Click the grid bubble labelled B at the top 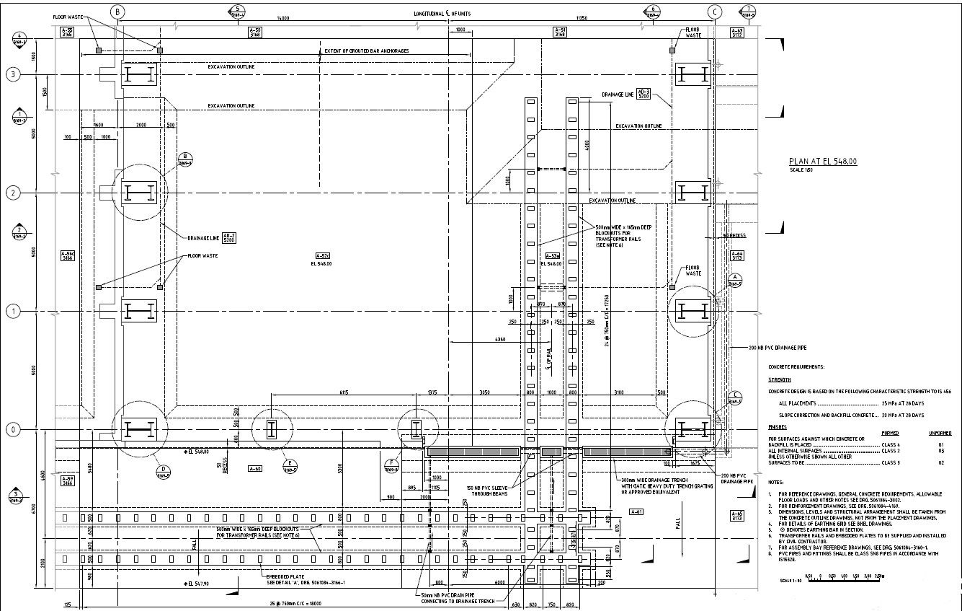pyautogui.click(x=118, y=12)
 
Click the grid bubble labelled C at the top pyautogui.click(x=714, y=12)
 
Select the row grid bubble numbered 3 pyautogui.click(x=12, y=74)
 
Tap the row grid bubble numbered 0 pyautogui.click(x=12, y=430)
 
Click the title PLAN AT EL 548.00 pyautogui.click(x=823, y=162)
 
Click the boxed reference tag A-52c pyautogui.click(x=322, y=255)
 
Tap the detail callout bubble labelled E pyautogui.click(x=290, y=465)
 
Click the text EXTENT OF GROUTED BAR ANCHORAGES pyautogui.click(x=366, y=51)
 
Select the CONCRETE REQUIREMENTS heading pyautogui.click(x=796, y=367)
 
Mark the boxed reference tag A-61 pyautogui.click(x=636, y=511)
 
